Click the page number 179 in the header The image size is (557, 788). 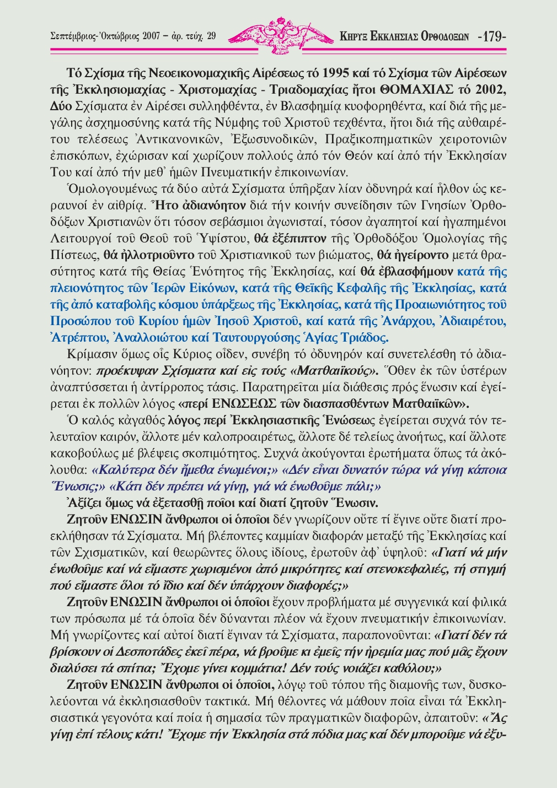click(492, 37)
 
